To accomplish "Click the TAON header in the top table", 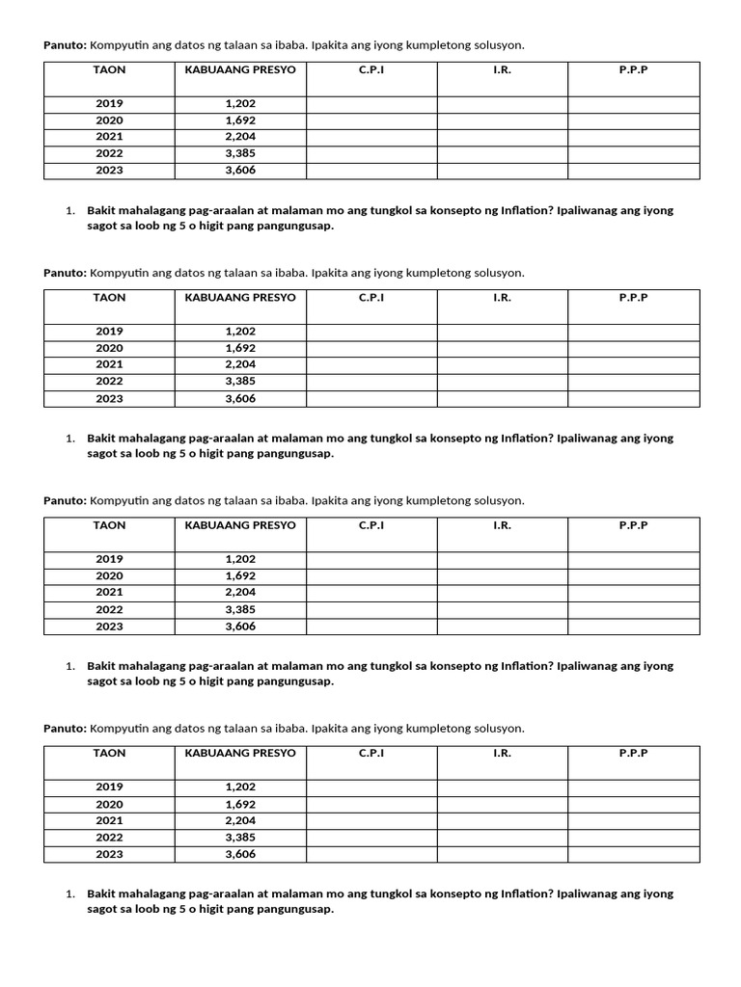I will click(x=109, y=70).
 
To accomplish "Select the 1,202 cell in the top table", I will click(x=240, y=103).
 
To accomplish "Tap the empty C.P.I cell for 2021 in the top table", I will click(x=371, y=137).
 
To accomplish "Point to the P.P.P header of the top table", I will click(x=633, y=70).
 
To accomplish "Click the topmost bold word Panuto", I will click(x=65, y=45).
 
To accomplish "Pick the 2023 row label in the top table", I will click(x=109, y=171).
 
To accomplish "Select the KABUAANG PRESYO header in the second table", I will click(x=240, y=298).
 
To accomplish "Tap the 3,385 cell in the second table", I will click(x=240, y=382).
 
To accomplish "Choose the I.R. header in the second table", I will click(x=502, y=298).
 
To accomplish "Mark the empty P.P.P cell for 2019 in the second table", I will click(x=633, y=332).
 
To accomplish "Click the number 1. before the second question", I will click(x=70, y=439).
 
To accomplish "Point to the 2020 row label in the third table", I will click(x=109, y=576).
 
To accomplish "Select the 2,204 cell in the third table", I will click(x=240, y=593).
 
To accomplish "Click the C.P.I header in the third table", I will click(x=371, y=526).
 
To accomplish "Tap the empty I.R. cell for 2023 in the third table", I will click(x=502, y=627).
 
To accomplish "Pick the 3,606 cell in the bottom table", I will click(x=240, y=855).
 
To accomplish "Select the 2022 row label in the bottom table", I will click(x=109, y=838).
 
